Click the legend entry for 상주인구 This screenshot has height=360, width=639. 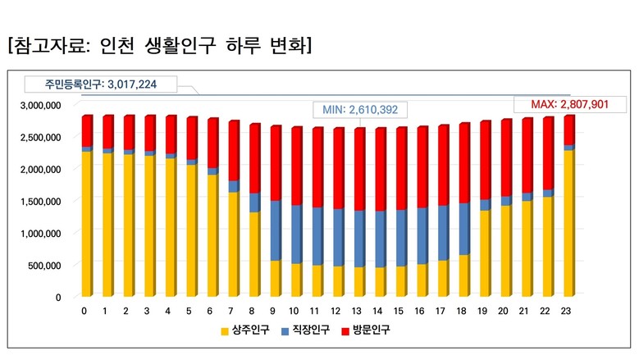coord(244,330)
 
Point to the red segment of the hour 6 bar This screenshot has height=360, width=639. coord(212,143)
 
